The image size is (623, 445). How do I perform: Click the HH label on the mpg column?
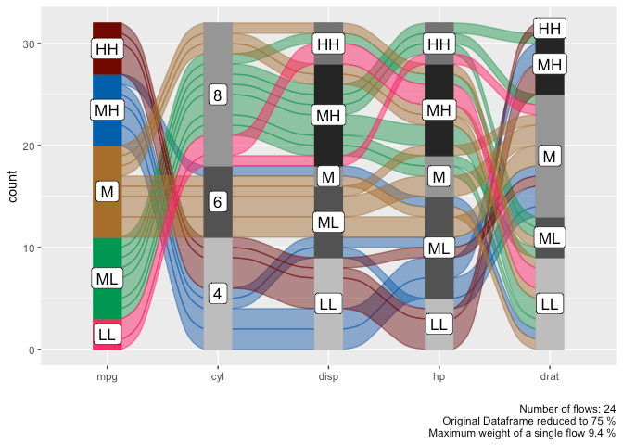click(108, 48)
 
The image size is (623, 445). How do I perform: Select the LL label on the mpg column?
click(108, 334)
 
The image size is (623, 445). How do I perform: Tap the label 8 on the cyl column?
click(218, 95)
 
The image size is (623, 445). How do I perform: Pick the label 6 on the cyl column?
click(218, 201)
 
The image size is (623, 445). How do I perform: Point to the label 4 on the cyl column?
click(218, 293)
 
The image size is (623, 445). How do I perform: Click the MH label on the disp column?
click(328, 115)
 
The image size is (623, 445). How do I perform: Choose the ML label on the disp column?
click(328, 222)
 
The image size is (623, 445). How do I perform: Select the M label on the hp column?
click(439, 176)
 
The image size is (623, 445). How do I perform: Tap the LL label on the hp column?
click(439, 324)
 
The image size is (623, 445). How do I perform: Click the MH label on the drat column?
click(549, 64)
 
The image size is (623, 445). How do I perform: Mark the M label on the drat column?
click(549, 156)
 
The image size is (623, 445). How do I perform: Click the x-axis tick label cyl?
click(218, 378)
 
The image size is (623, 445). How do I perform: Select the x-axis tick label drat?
click(549, 378)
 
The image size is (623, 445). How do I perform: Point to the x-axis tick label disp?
click(328, 378)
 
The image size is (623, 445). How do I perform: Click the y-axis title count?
click(11, 186)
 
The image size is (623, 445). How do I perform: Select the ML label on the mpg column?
click(108, 277)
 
